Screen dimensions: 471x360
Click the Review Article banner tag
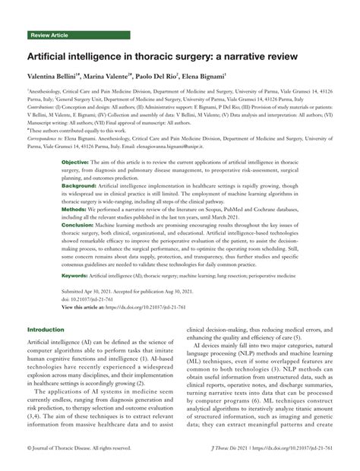point(50,35)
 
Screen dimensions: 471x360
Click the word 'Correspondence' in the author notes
point(47,140)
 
